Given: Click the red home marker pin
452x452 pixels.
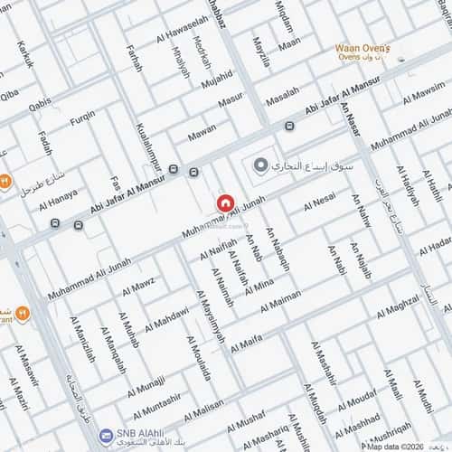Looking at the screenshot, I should (225, 203).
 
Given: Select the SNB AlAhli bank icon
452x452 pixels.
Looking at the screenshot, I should (107, 437).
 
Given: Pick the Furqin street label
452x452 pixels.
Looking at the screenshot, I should (82, 117).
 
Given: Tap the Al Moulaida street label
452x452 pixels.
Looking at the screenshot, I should (198, 358).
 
